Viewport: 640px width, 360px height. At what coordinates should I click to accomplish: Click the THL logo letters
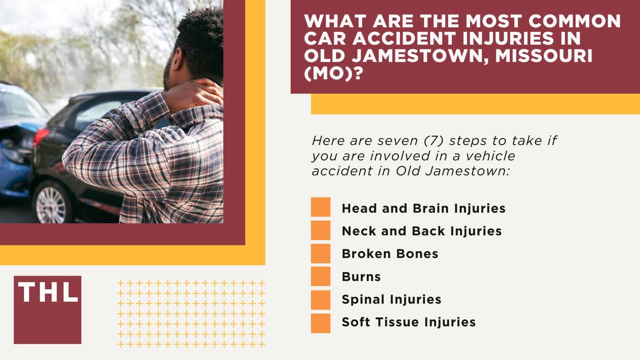coord(48,293)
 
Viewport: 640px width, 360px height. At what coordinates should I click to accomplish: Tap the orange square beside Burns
coord(321,276)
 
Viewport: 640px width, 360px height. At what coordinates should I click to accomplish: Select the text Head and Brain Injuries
coord(424,208)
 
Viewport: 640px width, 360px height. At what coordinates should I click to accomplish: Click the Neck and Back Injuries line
coord(422,231)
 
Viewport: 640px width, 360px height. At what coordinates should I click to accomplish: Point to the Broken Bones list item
coord(390,254)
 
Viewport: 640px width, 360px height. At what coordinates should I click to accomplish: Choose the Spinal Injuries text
coord(391,299)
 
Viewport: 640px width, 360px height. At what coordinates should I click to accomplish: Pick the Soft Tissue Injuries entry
coord(409,322)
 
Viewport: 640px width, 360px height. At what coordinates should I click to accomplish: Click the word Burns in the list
coord(361,277)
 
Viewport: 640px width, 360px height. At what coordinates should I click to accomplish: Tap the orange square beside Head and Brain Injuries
coord(321,207)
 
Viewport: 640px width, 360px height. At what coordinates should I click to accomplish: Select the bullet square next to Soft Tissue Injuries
coord(321,323)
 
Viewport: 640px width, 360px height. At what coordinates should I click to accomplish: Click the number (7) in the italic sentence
coord(432,140)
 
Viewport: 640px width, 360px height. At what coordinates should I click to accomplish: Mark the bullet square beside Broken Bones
coord(321,253)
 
